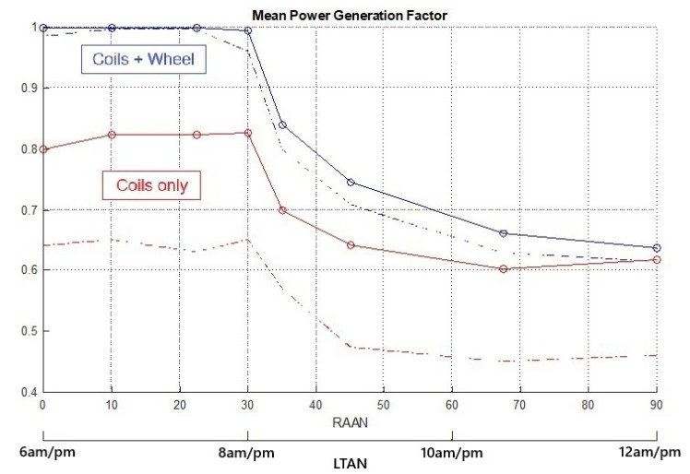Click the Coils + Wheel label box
(x=148, y=60)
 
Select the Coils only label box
(x=151, y=185)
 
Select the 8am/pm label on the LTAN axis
(x=246, y=454)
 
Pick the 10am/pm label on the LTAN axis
(x=452, y=454)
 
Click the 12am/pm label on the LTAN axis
(x=654, y=454)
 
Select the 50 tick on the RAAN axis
(x=384, y=404)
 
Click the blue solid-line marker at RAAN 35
(x=282, y=124)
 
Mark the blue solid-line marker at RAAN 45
(x=351, y=182)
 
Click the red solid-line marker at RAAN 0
(x=42, y=148)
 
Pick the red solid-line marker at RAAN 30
(x=248, y=133)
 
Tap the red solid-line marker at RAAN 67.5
(x=504, y=268)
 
